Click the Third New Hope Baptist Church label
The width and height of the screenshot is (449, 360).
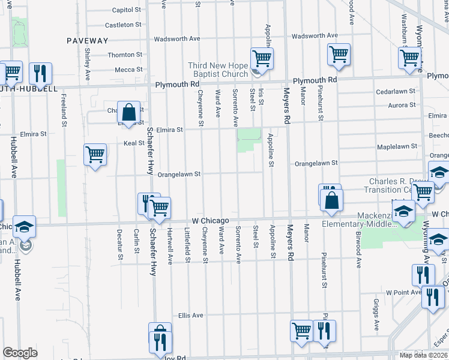tap(217, 70)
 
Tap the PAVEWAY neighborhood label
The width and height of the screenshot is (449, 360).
tap(88, 41)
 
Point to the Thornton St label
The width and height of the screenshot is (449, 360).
tap(124, 55)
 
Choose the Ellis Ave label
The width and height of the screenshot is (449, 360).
tap(191, 315)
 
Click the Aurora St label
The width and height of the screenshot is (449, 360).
tap(403, 106)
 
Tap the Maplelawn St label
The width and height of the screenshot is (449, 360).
tap(397, 147)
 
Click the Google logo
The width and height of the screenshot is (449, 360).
tap(20, 353)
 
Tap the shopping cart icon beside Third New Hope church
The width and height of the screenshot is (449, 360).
tap(262, 58)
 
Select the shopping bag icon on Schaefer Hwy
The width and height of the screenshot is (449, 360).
tap(129, 112)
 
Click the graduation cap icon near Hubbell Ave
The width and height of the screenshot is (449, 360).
tap(25, 227)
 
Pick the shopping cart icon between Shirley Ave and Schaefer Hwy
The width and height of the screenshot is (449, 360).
tap(95, 155)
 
